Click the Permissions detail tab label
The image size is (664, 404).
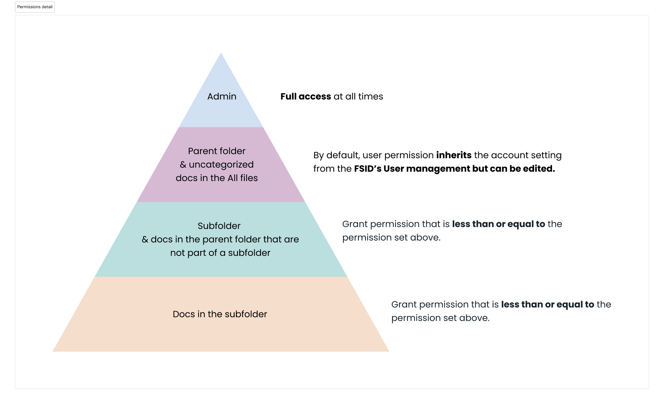pos(35,7)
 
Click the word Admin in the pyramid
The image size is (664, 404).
pos(222,97)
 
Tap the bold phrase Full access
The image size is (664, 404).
pos(306,97)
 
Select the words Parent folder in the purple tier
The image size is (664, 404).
pos(216,151)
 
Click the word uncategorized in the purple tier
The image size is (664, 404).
pos(221,165)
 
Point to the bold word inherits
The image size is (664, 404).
pos(454,155)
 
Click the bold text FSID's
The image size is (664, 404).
pos(367,169)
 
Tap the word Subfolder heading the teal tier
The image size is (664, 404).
pos(219,226)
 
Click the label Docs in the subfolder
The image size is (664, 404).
pos(220,314)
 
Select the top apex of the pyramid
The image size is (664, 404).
pos(221,54)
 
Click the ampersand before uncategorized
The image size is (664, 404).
pos(183,165)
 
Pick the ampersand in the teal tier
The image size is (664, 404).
pos(145,239)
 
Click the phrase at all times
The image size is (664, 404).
pos(358,97)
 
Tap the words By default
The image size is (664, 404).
pos(336,155)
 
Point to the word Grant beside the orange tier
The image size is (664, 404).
pos(404,304)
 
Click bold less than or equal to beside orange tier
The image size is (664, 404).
pos(548,304)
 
